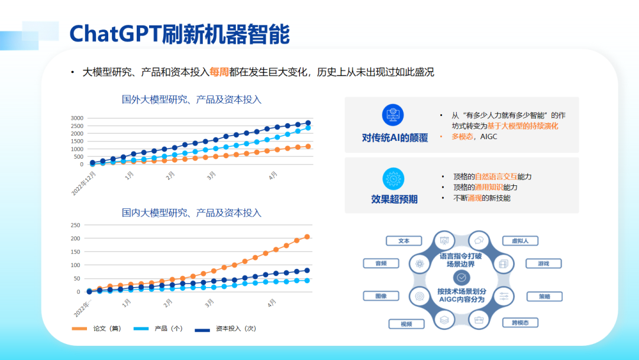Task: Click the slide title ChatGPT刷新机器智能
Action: (179, 34)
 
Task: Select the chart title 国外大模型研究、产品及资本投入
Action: (192, 99)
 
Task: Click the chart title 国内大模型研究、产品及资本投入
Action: (192, 213)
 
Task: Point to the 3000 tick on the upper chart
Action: (77, 118)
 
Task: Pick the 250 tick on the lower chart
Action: (75, 225)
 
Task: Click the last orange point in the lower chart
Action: (307, 237)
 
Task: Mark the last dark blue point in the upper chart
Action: (308, 123)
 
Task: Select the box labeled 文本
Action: (404, 241)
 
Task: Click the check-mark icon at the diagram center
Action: (461, 277)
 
